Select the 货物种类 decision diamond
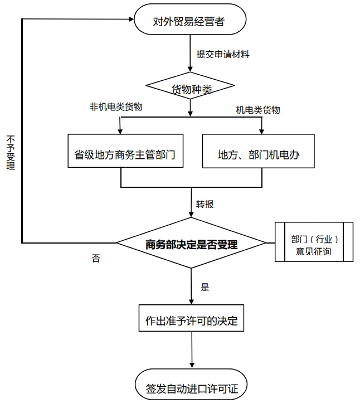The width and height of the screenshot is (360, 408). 191,89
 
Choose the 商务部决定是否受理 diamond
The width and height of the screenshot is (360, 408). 191,244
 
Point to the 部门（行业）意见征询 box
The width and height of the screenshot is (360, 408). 314,242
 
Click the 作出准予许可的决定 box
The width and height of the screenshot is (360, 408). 191,321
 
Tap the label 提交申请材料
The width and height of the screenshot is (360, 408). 222,54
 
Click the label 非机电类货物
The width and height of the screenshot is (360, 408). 116,106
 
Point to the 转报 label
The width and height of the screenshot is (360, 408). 205,204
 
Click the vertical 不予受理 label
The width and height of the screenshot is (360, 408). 11,152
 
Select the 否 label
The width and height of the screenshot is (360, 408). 96,259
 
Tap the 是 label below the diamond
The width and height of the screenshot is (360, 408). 205,288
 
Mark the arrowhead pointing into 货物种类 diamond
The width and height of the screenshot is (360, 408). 191,69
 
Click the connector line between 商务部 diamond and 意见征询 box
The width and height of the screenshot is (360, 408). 271,243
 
